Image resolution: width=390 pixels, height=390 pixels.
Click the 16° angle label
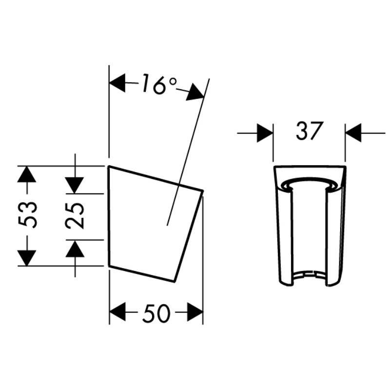159,84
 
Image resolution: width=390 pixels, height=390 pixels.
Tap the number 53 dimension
28,215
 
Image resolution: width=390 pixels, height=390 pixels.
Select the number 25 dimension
74,215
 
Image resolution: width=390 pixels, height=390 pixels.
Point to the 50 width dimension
156,312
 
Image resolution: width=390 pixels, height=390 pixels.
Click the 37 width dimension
310,130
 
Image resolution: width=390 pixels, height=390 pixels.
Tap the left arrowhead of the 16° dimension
117,83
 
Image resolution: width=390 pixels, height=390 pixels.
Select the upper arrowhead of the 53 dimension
27,174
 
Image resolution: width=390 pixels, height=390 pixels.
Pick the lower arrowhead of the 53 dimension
27,258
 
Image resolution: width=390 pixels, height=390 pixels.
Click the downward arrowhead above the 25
75,185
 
